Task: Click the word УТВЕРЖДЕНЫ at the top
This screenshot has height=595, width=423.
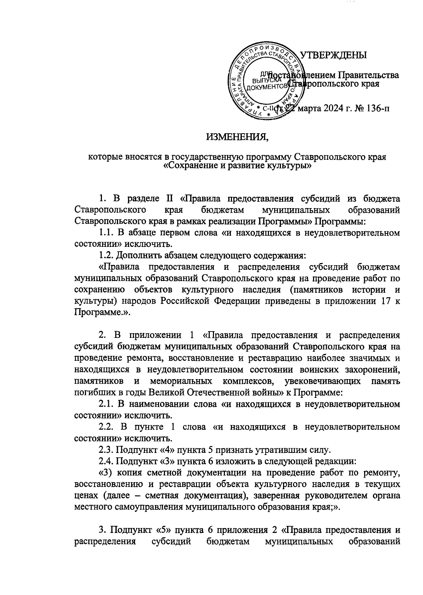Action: tap(333, 55)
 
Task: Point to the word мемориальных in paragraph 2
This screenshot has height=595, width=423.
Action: tap(181, 381)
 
